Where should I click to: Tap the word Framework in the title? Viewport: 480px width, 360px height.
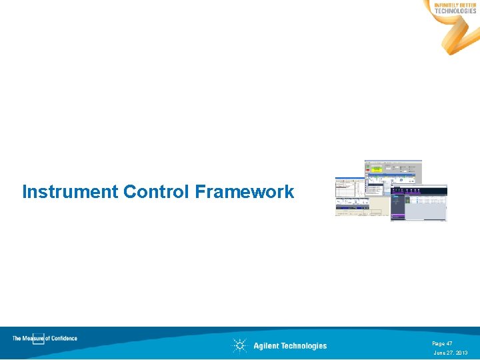(x=245, y=192)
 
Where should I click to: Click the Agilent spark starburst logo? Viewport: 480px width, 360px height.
(x=239, y=345)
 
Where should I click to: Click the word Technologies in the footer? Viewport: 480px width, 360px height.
(x=305, y=346)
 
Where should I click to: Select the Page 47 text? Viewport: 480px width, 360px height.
(x=442, y=343)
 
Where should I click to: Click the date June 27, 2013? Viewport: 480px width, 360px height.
(x=451, y=353)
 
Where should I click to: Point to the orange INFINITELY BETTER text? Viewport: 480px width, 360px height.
(x=455, y=5)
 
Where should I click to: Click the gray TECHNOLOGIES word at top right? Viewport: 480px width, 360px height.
(x=455, y=11)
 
